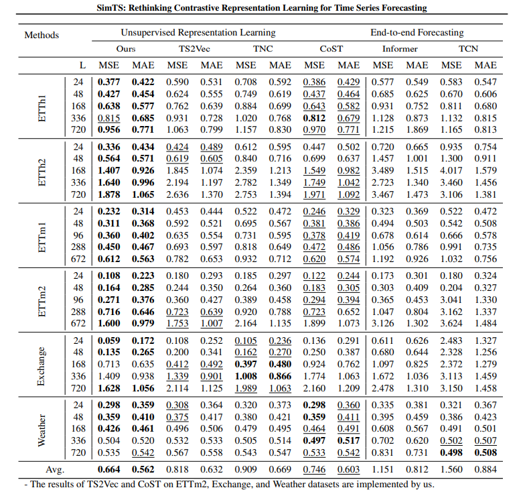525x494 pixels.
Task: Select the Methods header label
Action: point(42,35)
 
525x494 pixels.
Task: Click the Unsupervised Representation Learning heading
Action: point(198,32)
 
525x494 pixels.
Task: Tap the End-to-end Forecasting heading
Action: point(417,32)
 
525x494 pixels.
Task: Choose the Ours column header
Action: point(125,48)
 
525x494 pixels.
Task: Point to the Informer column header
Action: point(400,48)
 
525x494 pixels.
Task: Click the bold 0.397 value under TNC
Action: point(246,365)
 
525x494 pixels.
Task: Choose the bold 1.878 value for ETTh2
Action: point(108,194)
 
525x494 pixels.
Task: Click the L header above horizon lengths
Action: point(82,65)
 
